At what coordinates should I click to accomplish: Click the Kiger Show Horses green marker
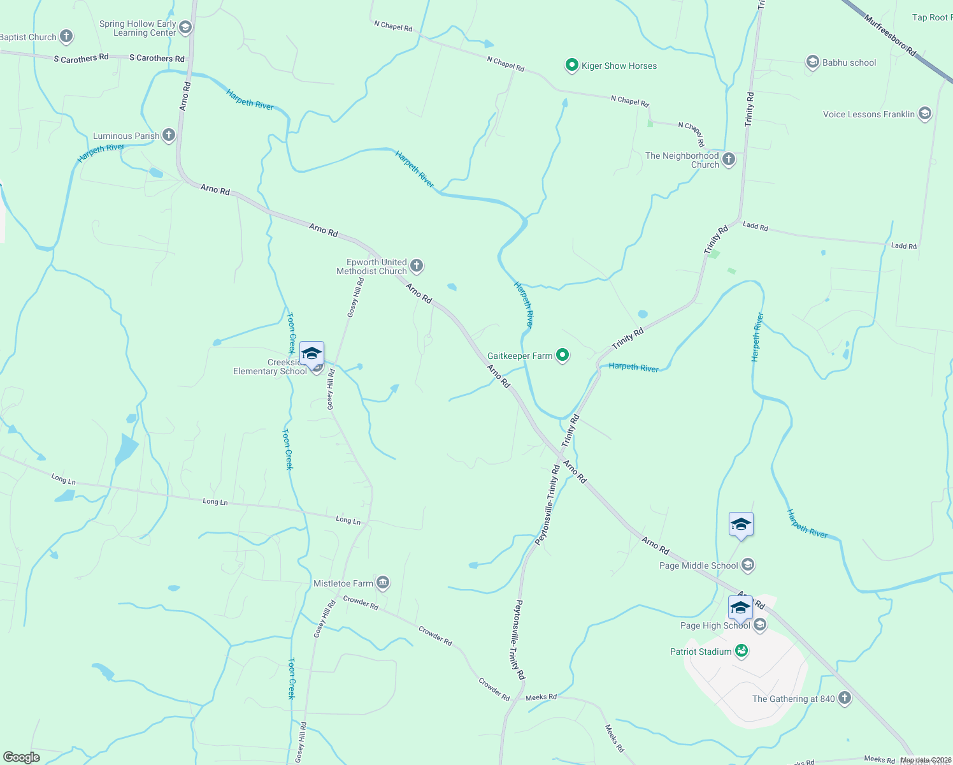pyautogui.click(x=571, y=65)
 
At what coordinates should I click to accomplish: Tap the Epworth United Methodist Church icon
pyautogui.click(x=416, y=266)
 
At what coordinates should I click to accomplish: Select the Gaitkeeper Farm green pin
pyautogui.click(x=562, y=355)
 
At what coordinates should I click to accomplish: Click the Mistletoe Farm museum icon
pyautogui.click(x=382, y=582)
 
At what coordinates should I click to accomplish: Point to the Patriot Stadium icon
pyautogui.click(x=741, y=651)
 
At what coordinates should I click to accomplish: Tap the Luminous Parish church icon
pyautogui.click(x=168, y=135)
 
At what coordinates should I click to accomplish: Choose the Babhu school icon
pyautogui.click(x=812, y=62)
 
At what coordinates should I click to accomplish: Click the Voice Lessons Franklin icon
pyautogui.click(x=925, y=114)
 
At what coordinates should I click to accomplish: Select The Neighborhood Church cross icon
pyautogui.click(x=729, y=159)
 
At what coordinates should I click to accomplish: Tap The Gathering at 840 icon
pyautogui.click(x=845, y=698)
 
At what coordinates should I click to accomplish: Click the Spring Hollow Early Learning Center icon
pyautogui.click(x=185, y=27)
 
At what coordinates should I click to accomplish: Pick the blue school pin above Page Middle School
pyautogui.click(x=741, y=525)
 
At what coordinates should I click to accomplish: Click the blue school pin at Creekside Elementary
pyautogui.click(x=312, y=354)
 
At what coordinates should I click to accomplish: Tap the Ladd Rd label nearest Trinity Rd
pyautogui.click(x=756, y=226)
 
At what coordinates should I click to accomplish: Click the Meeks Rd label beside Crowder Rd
pyautogui.click(x=541, y=697)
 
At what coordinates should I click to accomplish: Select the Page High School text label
pyautogui.click(x=715, y=625)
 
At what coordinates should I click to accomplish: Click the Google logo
pyautogui.click(x=21, y=757)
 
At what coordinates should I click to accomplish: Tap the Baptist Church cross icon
pyautogui.click(x=66, y=36)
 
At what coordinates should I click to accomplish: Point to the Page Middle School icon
pyautogui.click(x=748, y=565)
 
